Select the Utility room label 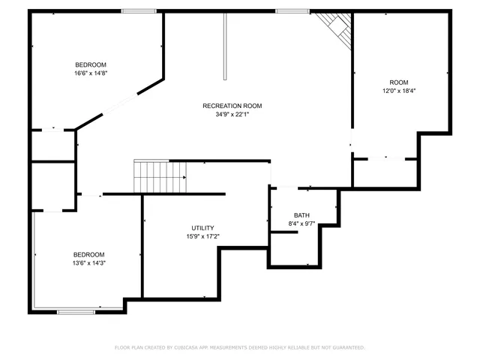pos(202,228)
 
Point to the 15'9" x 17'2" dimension pos(202,237)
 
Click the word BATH pos(301,215)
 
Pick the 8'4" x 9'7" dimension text pos(301,223)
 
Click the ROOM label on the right pos(398,82)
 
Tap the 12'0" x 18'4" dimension pos(398,91)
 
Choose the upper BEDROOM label pos(90,64)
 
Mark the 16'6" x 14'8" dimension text pos(90,73)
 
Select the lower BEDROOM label pos(88,255)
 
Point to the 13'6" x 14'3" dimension pos(88,263)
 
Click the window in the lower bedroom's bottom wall pos(76,311)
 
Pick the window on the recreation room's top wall pos(287,10)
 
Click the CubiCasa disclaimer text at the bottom pos(239,347)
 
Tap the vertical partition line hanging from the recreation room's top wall pos(223,45)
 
